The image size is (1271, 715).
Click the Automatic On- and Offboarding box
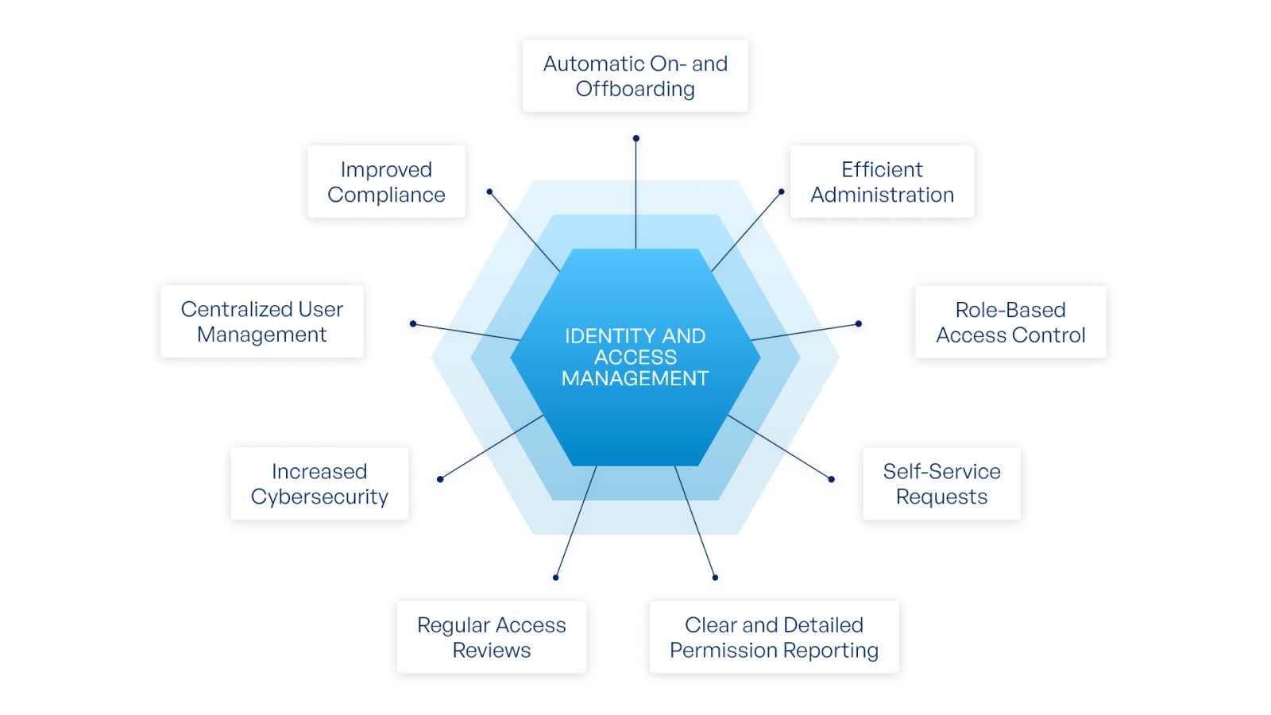tap(635, 76)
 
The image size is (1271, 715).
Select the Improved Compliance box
tap(386, 182)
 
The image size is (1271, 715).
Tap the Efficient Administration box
tap(882, 182)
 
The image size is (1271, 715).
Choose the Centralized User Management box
tap(261, 322)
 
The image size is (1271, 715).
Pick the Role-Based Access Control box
tap(1010, 323)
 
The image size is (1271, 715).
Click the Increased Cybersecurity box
tap(319, 484)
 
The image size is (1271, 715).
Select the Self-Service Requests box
tap(941, 484)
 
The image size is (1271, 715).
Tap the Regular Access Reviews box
tap(491, 637)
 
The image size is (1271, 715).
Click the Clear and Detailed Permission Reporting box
tap(774, 637)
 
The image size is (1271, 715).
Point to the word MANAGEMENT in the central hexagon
tap(635, 379)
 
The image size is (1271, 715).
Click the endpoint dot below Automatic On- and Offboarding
tap(635, 138)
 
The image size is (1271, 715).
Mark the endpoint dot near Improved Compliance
tap(489, 191)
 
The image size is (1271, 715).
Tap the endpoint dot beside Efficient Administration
tap(781, 191)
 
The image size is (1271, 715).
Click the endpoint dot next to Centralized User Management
tap(413, 323)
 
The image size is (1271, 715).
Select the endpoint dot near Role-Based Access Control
tap(858, 323)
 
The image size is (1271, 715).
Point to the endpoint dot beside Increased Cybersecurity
tap(440, 479)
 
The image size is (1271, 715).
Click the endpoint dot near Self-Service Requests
tap(831, 479)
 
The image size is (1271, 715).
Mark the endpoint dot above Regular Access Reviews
tap(555, 578)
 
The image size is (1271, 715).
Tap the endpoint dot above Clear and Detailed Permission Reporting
tap(715, 578)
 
